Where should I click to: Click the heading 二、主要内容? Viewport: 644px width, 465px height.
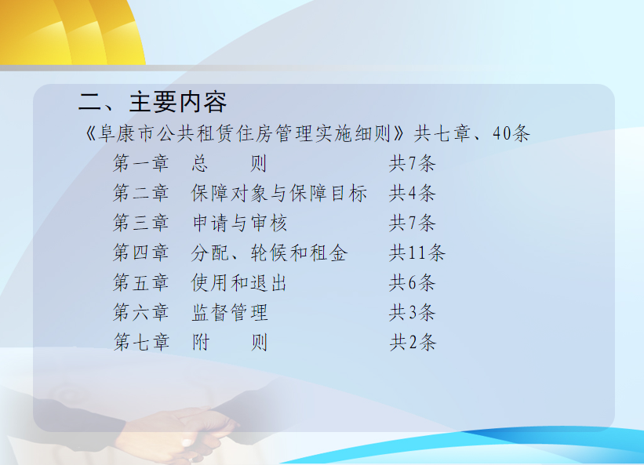[152, 102]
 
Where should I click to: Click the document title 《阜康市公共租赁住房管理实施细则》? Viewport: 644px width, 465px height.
[245, 134]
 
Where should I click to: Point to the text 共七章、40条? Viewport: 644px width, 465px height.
[472, 133]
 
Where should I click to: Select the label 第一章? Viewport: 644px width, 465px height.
[141, 163]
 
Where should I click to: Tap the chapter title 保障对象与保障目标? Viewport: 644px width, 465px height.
[279, 194]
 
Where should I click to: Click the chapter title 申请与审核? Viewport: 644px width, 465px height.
[239, 223]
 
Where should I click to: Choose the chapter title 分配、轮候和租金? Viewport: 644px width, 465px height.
[269, 252]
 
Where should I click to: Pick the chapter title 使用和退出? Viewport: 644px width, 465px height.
[239, 283]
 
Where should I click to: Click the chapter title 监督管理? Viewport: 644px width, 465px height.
[230, 312]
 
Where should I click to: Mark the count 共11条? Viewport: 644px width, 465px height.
[417, 252]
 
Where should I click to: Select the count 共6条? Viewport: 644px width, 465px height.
[413, 283]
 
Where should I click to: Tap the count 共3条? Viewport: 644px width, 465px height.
[413, 312]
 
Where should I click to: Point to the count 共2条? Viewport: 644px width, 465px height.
[413, 343]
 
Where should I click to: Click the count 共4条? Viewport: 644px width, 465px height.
[413, 194]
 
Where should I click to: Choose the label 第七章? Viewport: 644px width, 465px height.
[141, 343]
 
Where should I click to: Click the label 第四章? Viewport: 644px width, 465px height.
[141, 252]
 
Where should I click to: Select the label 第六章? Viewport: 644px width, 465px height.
[141, 312]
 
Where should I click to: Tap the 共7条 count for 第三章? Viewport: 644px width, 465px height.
[413, 223]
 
